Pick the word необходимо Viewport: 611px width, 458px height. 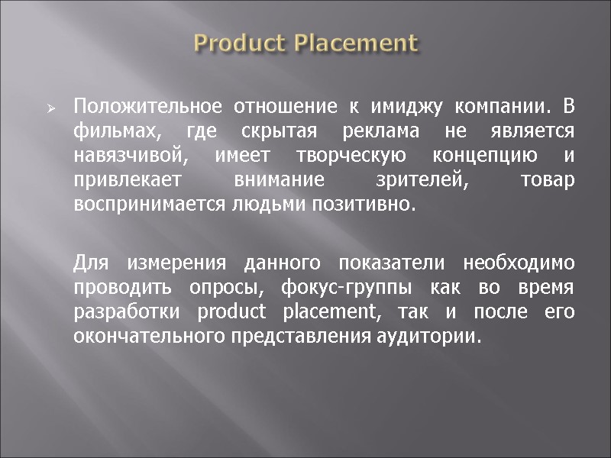pos(519,264)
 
